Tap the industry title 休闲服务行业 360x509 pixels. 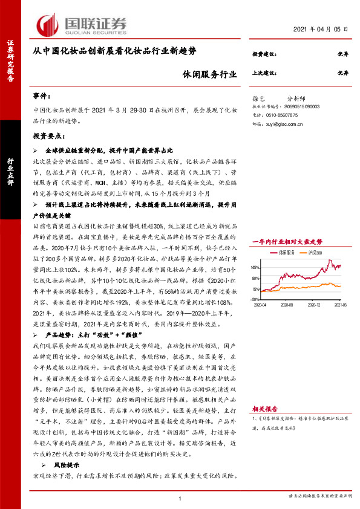tap(209, 73)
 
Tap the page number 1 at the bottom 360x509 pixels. tap(180, 498)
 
